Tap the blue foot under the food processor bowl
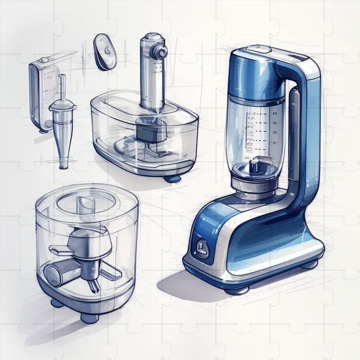[x=172, y=178]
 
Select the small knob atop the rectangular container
[x=43, y=60]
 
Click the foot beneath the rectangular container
[x=43, y=130]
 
